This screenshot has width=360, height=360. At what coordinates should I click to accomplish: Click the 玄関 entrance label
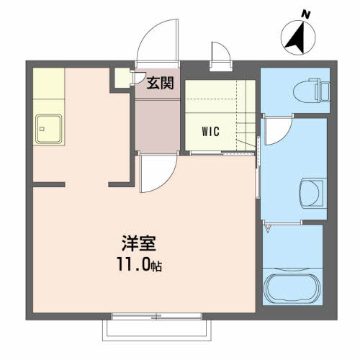[160, 84]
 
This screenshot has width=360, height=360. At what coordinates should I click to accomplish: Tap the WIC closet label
[211, 132]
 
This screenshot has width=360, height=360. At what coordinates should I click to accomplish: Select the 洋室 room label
[139, 243]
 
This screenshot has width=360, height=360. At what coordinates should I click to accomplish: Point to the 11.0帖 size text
[139, 264]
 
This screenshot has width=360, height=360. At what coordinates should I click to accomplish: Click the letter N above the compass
[306, 15]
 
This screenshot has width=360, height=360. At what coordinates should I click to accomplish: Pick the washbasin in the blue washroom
[312, 194]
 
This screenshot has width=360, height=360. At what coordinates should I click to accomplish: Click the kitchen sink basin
[49, 129]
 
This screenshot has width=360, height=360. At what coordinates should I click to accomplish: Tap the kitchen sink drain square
[42, 129]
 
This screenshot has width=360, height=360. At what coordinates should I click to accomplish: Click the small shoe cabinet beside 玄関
[122, 78]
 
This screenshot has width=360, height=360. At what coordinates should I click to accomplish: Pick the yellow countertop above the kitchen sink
[49, 84]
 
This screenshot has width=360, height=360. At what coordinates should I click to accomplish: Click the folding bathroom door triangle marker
[268, 228]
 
